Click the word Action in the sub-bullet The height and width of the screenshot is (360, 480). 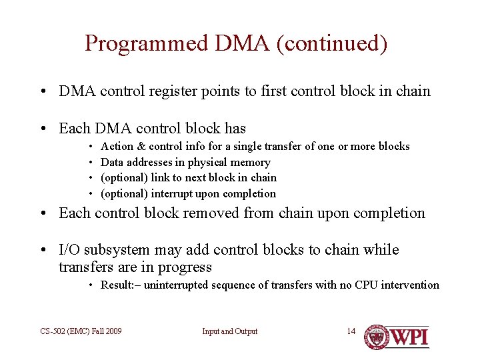point(117,146)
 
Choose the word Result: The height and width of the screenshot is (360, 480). point(119,285)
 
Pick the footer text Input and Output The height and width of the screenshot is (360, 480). point(229,331)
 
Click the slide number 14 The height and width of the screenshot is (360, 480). point(351,331)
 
